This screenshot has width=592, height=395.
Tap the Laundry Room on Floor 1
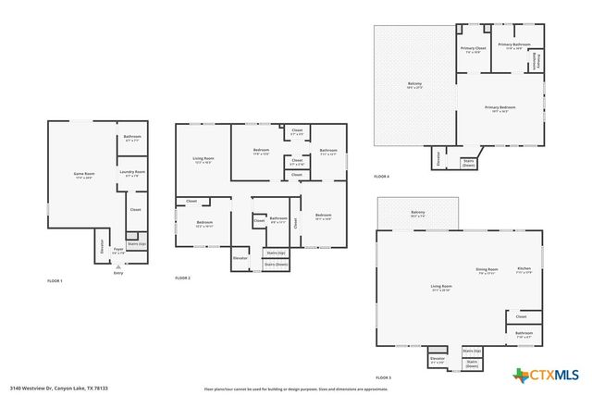(x=132, y=173)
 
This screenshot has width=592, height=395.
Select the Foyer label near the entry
(x=118, y=250)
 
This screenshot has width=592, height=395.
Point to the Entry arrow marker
(x=117, y=266)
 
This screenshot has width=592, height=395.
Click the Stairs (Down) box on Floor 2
(x=276, y=265)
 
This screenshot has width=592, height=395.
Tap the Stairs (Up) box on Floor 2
(x=276, y=253)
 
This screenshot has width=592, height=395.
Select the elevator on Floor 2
(x=240, y=258)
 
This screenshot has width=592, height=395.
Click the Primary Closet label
(x=473, y=49)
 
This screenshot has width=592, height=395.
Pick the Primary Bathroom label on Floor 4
(x=513, y=45)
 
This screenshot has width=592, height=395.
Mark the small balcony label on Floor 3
(x=418, y=214)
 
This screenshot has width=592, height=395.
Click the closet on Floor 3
(x=522, y=316)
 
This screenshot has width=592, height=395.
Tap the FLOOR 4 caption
(x=382, y=177)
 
